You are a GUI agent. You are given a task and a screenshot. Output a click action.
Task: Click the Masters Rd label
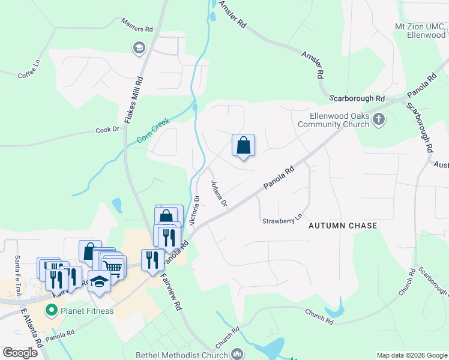click(137, 29)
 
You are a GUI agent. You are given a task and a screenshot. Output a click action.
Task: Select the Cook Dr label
click(107, 129)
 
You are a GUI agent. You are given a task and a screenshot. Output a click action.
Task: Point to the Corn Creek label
click(153, 131)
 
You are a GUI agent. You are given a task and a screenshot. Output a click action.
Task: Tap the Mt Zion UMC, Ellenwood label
click(421, 31)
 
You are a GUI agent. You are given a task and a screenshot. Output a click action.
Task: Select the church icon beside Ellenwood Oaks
click(379, 119)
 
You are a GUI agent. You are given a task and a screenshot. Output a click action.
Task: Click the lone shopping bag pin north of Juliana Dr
click(243, 146)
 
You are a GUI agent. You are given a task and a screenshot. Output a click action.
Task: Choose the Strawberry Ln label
click(282, 221)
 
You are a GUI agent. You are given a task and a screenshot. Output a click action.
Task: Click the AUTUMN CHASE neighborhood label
click(343, 226)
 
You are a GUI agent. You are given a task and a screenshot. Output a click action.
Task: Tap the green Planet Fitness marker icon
click(52, 310)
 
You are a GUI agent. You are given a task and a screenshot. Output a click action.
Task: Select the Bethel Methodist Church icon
click(238, 355)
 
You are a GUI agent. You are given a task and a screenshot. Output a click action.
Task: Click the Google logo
click(20, 353)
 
